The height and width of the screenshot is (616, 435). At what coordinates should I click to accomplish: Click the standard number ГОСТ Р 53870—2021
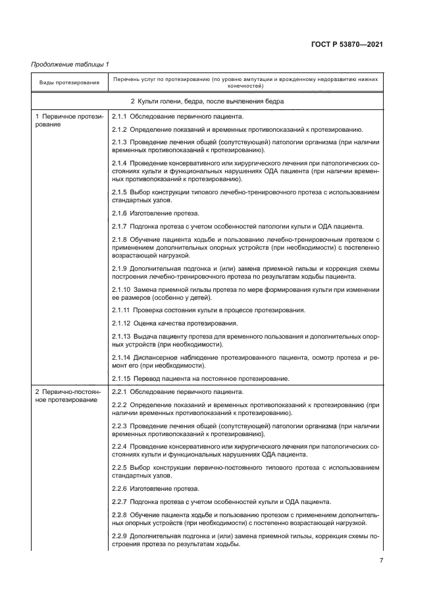[x=346, y=44]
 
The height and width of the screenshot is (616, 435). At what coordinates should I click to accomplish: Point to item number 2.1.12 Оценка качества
[x=122, y=323]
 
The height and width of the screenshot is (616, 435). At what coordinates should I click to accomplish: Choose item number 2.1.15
[x=122, y=378]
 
